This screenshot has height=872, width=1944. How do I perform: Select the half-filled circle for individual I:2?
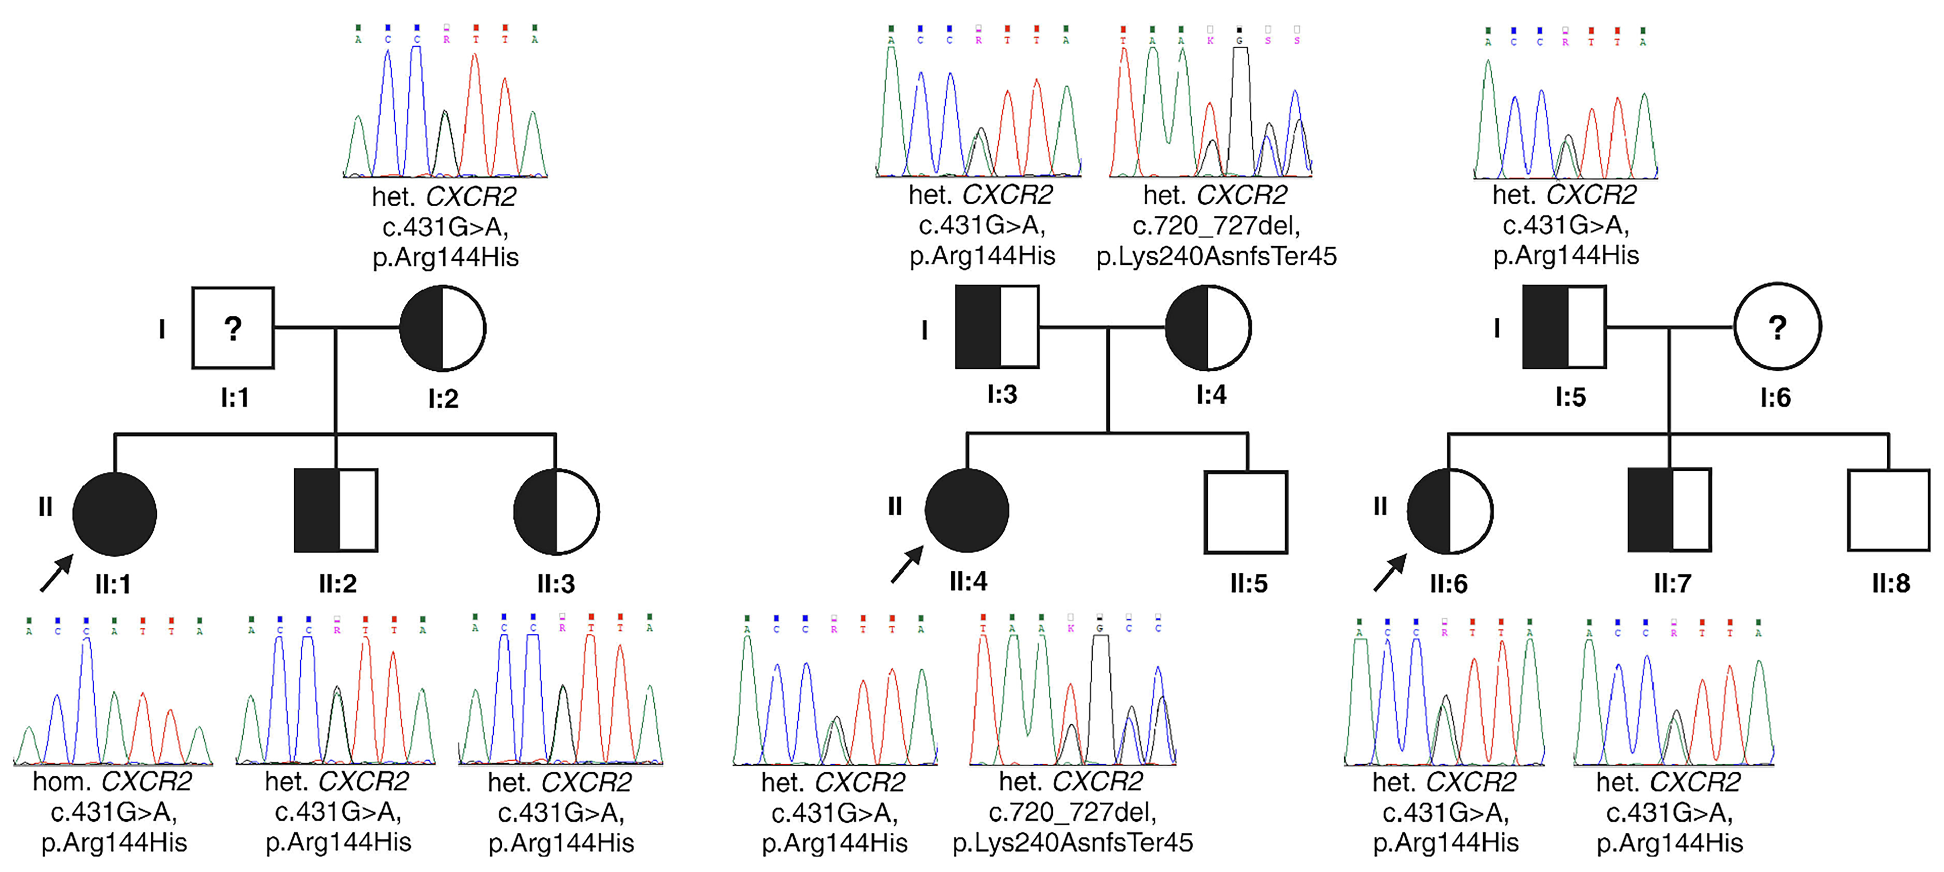coord(442,328)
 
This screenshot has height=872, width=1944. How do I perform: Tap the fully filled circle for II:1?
coord(115,514)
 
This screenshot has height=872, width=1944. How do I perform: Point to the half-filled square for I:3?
coord(997,327)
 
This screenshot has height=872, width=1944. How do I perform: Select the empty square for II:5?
coord(1246,512)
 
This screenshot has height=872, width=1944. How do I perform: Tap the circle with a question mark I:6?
coord(1777,327)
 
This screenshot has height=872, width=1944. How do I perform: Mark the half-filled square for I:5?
coord(1565,327)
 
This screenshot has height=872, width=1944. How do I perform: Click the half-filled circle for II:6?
coord(1450,512)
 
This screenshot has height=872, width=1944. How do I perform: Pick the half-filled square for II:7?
coord(1669,510)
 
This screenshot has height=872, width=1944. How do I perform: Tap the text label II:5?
coord(1249,583)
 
